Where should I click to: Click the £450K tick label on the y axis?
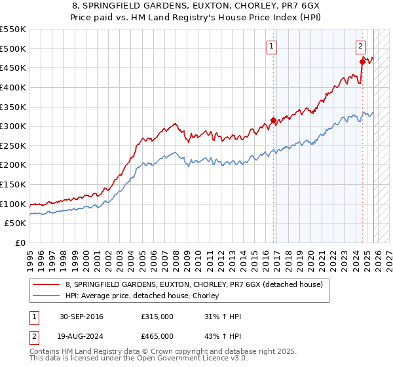click(13, 68)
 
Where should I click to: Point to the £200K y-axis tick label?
click(13, 165)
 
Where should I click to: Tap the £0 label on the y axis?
click(20, 243)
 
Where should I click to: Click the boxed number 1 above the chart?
click(271, 46)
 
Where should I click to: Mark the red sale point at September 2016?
click(273, 121)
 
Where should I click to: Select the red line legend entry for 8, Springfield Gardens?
click(194, 284)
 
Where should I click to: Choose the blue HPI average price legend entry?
click(145, 296)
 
